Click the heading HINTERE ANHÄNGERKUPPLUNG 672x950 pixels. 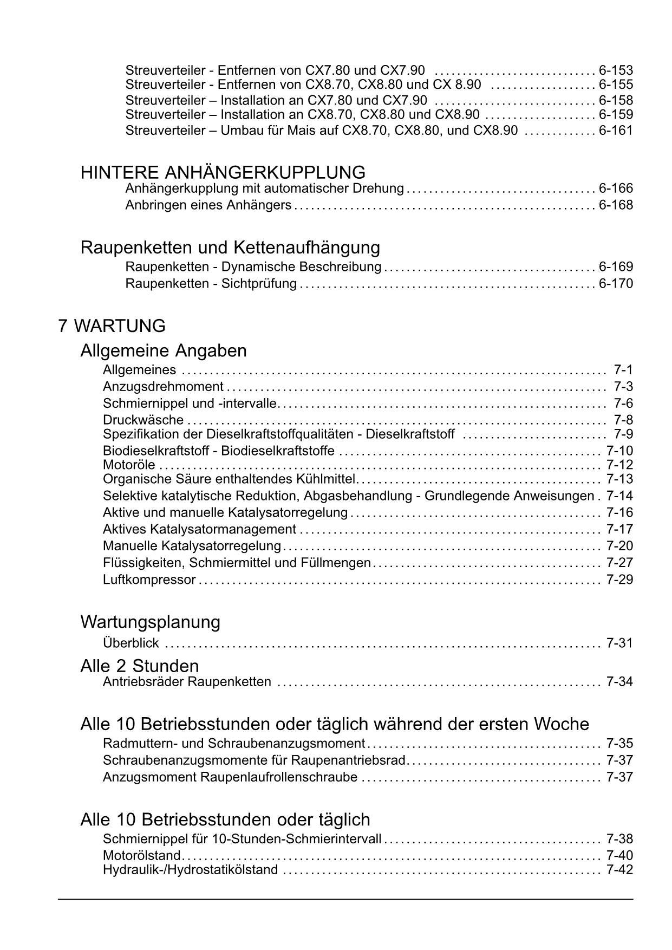tap(223, 173)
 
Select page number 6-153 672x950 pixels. tap(616, 70)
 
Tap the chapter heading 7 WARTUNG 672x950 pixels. tap(112, 326)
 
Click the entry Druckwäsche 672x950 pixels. tap(143, 420)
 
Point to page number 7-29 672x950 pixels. tap(619, 580)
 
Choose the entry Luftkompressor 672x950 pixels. tap(149, 580)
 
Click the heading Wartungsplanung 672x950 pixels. tap(150, 622)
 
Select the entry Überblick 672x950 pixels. tap(131, 643)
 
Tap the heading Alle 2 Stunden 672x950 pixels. tap(139, 666)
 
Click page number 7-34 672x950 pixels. tap(619, 681)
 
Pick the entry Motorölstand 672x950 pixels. tap(141, 855)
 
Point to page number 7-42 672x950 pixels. tap(619, 870)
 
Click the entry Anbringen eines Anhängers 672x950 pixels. tap(208, 205)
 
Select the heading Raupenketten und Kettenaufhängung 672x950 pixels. tap(230, 248)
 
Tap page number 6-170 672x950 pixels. tap(616, 283)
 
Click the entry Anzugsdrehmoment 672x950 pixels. tap(163, 387)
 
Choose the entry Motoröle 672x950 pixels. tap(129, 465)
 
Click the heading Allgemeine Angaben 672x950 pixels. tap(163, 350)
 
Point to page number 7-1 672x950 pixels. tap(623, 370)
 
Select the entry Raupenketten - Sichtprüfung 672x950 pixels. tap(211, 283)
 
